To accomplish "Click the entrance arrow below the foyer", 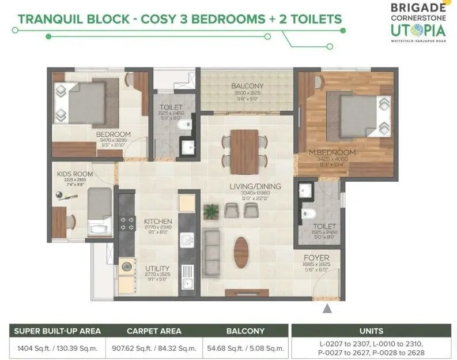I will click(x=327, y=309).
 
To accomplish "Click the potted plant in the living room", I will click(x=211, y=211).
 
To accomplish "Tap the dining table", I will click(x=244, y=151).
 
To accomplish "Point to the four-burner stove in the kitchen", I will click(x=125, y=223).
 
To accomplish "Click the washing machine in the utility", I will click(x=124, y=269).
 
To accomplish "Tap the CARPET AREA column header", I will click(x=154, y=331).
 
